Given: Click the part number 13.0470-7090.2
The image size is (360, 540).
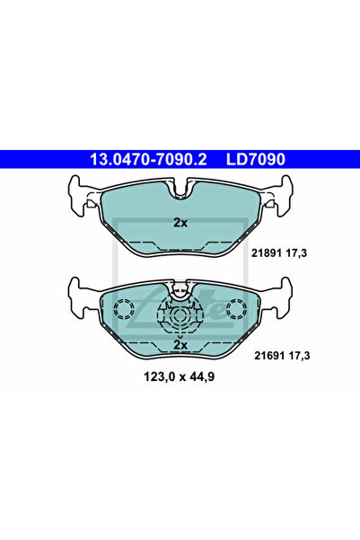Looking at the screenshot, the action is click(x=148, y=159).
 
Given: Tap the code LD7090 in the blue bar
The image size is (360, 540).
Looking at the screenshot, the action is click(x=256, y=159).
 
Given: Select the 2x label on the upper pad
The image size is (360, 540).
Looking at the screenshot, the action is click(x=180, y=223).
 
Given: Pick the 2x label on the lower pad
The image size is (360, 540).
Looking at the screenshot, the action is click(x=180, y=344).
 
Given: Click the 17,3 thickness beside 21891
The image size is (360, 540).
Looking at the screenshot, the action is click(x=295, y=253).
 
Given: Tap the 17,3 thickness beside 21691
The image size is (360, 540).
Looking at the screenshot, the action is click(x=298, y=356).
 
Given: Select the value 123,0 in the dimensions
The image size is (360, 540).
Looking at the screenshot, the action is click(x=159, y=376).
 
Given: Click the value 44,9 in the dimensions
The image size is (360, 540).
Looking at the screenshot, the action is click(x=203, y=376).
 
